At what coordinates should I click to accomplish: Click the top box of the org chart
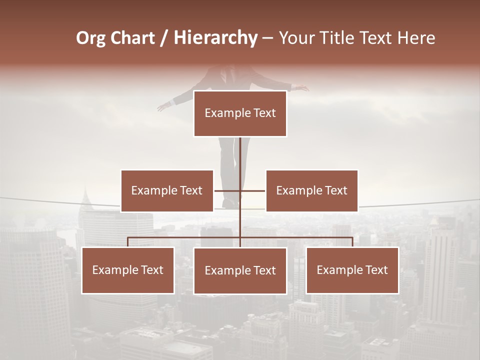[x=240, y=113]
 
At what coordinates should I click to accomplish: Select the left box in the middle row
[x=167, y=190]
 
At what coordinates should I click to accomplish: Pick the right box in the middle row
[x=311, y=190]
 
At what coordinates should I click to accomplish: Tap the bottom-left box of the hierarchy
[x=128, y=270]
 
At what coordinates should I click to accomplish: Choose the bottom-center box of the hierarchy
[x=240, y=270]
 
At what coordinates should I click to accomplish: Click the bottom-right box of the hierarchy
[x=352, y=270]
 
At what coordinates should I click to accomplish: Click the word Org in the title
[x=90, y=38]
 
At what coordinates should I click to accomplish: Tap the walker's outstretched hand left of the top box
[x=163, y=106]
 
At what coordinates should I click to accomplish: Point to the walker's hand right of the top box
[x=301, y=88]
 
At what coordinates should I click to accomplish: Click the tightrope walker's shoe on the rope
[x=230, y=203]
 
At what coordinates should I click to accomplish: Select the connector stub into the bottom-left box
[x=128, y=241]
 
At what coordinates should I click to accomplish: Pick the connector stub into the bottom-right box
[x=352, y=241]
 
